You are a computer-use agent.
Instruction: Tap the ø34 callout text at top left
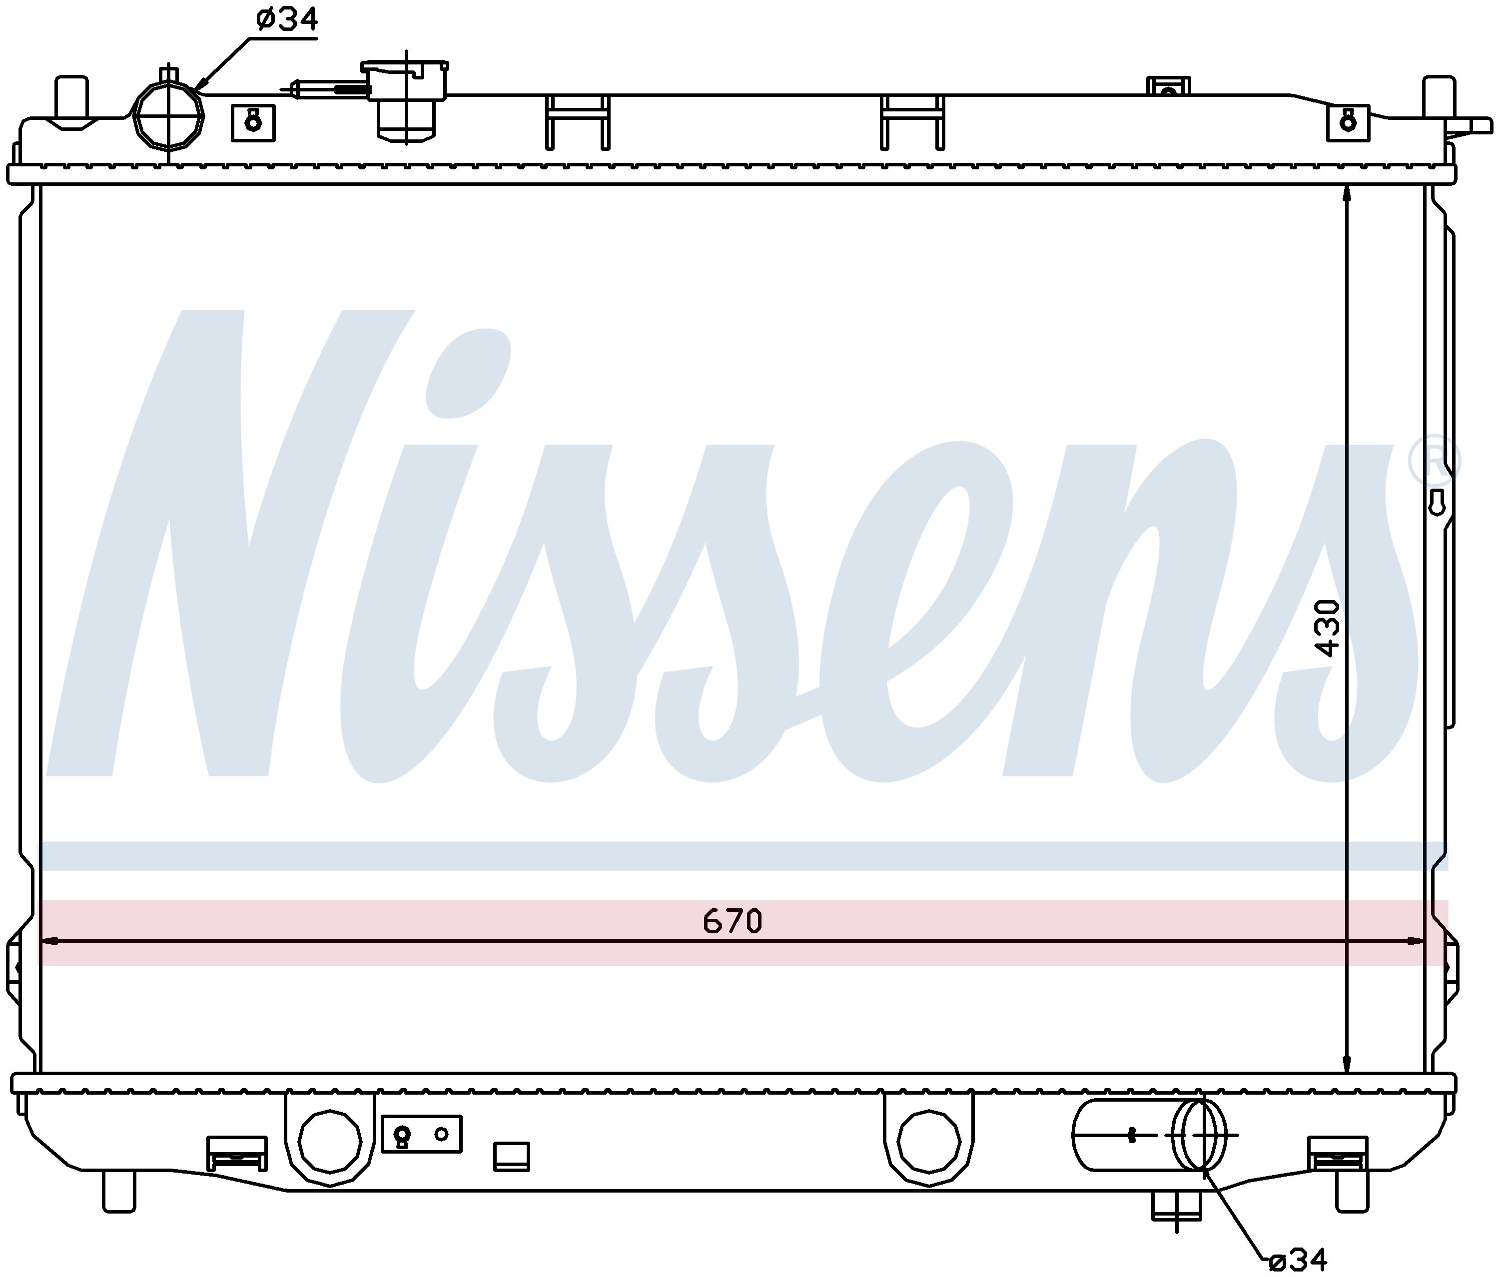286,19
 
